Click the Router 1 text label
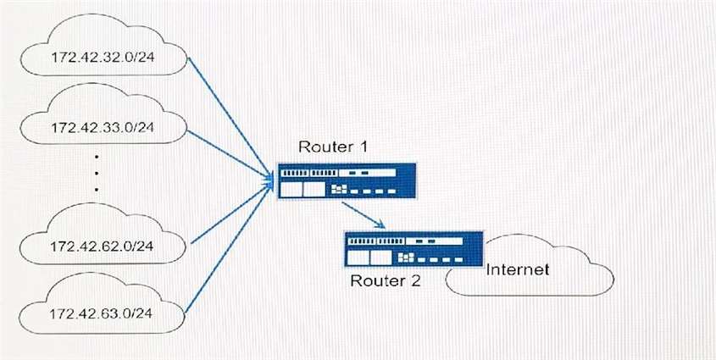pos(331,147)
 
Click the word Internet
pos(518,270)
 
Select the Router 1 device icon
pos(347,181)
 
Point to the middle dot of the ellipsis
pos(96,173)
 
